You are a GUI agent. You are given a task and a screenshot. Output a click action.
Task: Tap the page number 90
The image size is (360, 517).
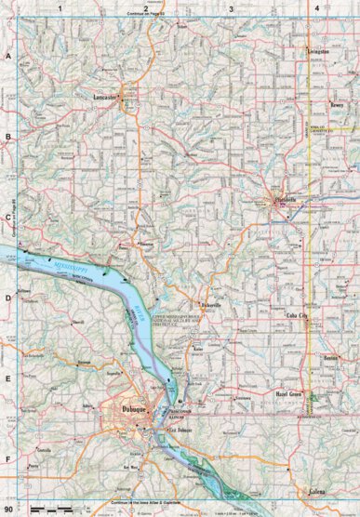tap(9, 510)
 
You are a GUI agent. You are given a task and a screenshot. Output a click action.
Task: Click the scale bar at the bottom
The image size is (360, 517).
tap(52, 510)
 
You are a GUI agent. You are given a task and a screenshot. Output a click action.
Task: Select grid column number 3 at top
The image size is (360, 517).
tap(231, 8)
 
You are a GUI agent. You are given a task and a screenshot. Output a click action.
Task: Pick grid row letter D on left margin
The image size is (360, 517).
tap(8, 298)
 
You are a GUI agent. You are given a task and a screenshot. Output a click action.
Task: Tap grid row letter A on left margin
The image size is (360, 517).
tap(8, 57)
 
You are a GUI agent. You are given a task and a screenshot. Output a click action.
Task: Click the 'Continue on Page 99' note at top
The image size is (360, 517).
tap(143, 15)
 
